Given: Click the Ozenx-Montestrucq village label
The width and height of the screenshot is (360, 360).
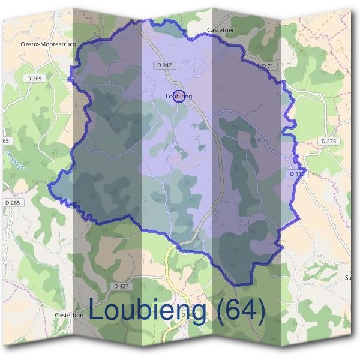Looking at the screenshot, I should pyautogui.click(x=46, y=44).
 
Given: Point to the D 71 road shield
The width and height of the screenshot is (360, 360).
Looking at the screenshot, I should pyautogui.click(x=268, y=65).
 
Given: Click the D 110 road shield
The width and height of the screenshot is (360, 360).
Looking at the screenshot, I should pyautogui.click(x=296, y=173).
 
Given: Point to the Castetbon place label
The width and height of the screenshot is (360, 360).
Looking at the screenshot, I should pyautogui.click(x=68, y=314).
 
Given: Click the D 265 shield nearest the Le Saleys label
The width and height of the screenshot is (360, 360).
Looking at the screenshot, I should pyautogui.click(x=11, y=203).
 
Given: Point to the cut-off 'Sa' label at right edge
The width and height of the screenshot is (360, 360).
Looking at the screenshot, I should pyautogui.click(x=347, y=277).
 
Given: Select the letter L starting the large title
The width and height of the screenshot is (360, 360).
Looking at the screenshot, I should pyautogui.click(x=97, y=310).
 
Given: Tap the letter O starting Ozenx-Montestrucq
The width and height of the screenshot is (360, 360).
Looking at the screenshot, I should pyautogui.click(x=23, y=44).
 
